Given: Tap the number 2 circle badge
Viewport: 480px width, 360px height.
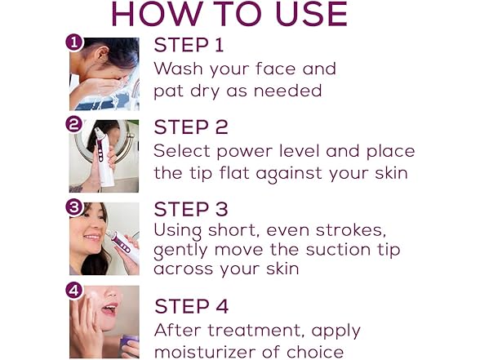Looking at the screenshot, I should click(x=75, y=125).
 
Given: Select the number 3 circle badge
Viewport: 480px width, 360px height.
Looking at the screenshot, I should click(x=75, y=207).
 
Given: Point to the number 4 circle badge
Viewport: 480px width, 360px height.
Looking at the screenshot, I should click(x=75, y=290).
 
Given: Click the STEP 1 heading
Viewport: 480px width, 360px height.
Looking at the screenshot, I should click(x=190, y=45).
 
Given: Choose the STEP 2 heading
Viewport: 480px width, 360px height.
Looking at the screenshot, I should click(x=192, y=127).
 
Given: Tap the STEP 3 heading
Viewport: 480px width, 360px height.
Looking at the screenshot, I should click(x=192, y=210).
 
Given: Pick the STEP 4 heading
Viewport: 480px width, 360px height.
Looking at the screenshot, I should click(x=192, y=308).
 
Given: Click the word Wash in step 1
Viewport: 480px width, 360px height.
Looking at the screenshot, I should click(x=176, y=69).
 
